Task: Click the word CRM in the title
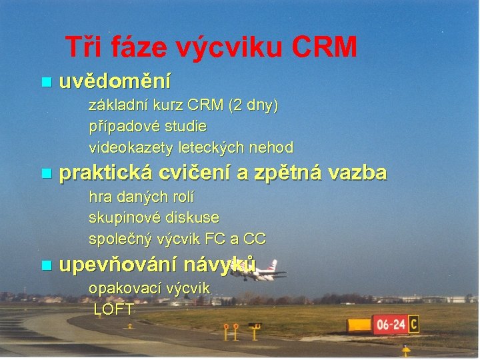tap(325, 47)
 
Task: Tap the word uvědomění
tap(115, 82)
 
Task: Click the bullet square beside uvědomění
tap(45, 83)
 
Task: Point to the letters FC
tap(227, 238)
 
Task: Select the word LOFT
tap(114, 309)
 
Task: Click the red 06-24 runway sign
tap(390, 325)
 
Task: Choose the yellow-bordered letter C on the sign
tap(414, 325)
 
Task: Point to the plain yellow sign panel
tap(359, 325)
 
